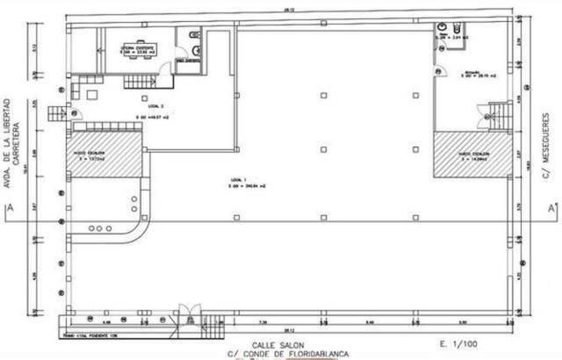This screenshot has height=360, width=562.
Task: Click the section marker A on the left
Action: pyautogui.click(x=8, y=208)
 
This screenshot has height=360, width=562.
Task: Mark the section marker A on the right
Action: pyautogui.click(x=551, y=208)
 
